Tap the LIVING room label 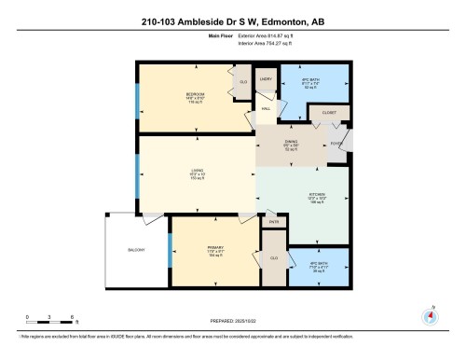pos(197,171)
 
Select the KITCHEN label pos(318,193)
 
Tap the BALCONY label pos(135,250)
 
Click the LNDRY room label pos(265,80)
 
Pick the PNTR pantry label pos(274,222)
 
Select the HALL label pos(266,109)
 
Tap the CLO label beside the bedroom pos(244,81)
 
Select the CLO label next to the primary pos(274,257)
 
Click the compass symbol pos(430,314)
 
